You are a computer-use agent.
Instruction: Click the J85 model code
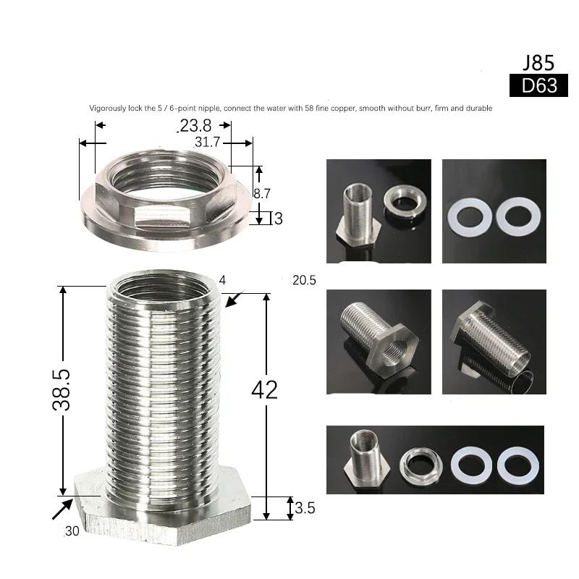[538, 63]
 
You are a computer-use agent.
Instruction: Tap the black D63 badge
[538, 85]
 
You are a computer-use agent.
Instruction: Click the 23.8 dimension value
[195, 125]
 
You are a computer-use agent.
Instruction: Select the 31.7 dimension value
[207, 142]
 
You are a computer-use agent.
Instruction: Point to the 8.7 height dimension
[262, 193]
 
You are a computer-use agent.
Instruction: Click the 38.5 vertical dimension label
[62, 389]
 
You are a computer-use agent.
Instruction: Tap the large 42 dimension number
[264, 390]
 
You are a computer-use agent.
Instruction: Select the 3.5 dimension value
[305, 508]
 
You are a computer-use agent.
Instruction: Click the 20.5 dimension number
[304, 280]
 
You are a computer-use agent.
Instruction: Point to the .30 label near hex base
[72, 531]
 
